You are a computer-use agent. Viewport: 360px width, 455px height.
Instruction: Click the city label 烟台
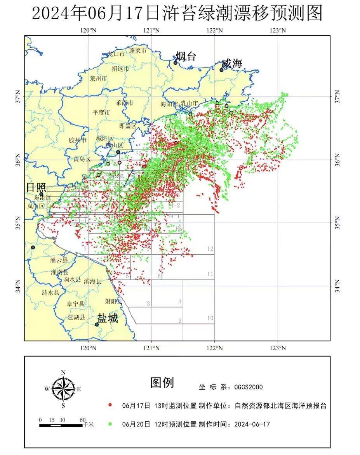(x=186, y=56)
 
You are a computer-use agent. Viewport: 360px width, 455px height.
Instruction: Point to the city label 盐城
(x=108, y=318)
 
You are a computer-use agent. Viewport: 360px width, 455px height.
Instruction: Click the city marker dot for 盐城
(x=97, y=325)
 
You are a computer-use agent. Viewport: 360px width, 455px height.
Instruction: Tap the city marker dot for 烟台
(x=175, y=63)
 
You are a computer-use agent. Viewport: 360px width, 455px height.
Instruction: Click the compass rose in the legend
(x=63, y=389)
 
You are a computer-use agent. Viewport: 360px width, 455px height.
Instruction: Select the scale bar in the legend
(x=61, y=425)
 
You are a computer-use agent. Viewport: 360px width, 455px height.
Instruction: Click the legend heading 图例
(x=162, y=383)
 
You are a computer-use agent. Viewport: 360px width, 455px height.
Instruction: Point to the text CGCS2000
(x=248, y=387)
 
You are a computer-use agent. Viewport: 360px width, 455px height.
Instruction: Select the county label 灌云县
(x=59, y=260)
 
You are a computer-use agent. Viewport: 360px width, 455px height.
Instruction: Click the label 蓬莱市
(x=137, y=51)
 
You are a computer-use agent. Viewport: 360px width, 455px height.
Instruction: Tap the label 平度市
(x=101, y=113)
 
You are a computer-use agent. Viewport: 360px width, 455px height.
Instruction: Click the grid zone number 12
(x=210, y=249)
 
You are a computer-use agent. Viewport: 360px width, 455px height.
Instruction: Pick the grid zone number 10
(x=210, y=318)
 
